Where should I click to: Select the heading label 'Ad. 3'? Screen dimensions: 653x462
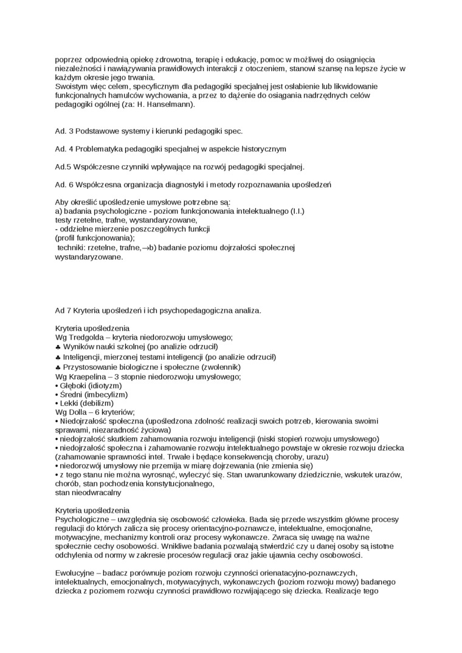pos(64,131)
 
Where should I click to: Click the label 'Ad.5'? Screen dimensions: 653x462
pos(63,166)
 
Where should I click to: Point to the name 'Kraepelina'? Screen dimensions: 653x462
pos(89,377)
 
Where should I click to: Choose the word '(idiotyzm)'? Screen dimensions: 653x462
pos(104,385)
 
